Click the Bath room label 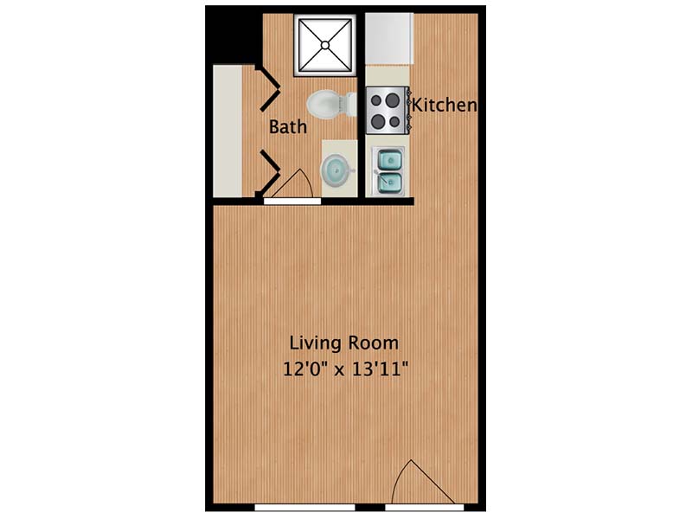pos(288,127)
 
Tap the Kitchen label pos(444,106)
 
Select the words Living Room pos(343,343)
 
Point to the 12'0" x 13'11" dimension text pos(343,369)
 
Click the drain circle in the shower pos(325,45)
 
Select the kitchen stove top pos(387,111)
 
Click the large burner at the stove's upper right pos(392,100)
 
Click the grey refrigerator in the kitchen pos(389,39)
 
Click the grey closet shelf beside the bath pos(227,131)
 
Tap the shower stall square pos(325,45)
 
